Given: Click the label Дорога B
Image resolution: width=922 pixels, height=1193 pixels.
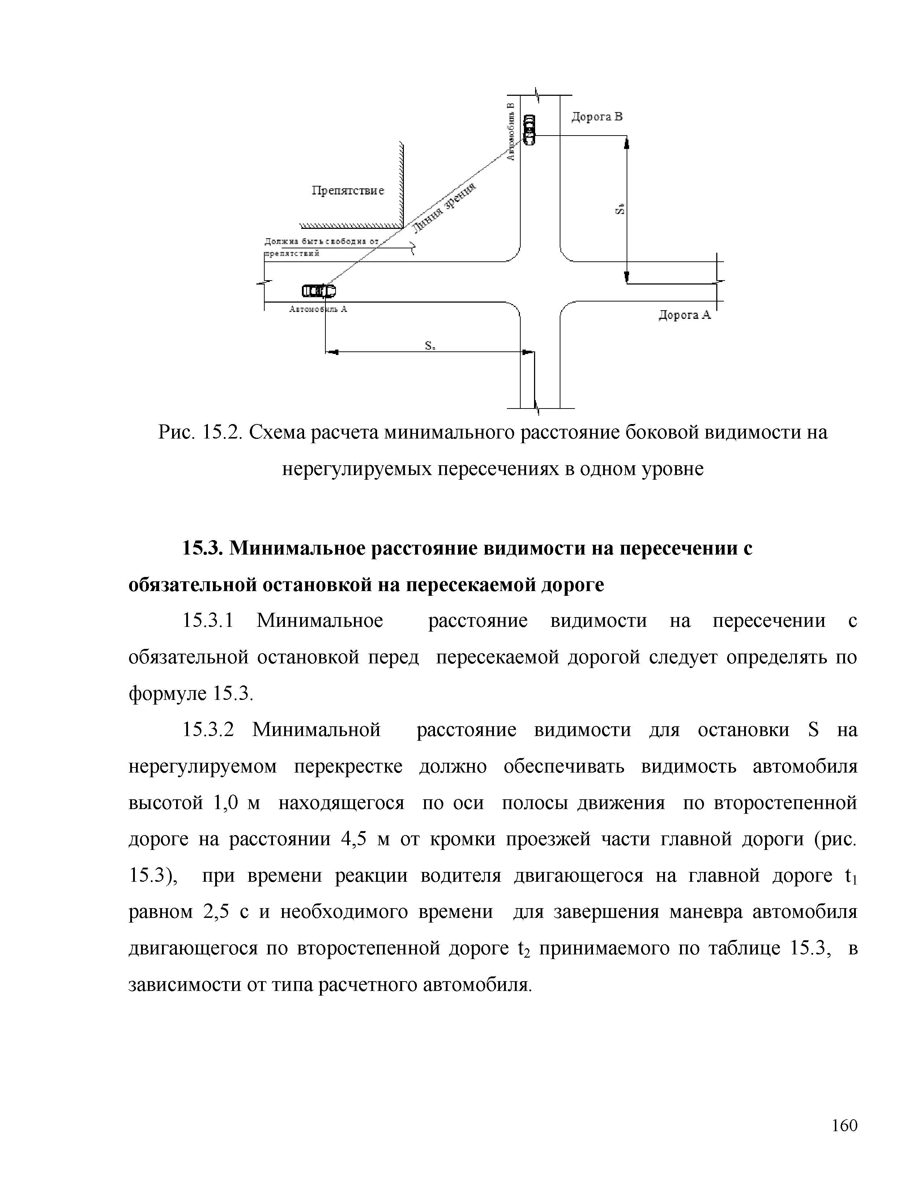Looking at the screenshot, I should point(597,117).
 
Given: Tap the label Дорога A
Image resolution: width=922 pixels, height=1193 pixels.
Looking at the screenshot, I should point(684,315).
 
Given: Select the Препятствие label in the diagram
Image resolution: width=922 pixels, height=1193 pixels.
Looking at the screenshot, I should point(347,191).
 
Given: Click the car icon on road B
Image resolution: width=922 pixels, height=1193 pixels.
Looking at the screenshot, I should point(529,129).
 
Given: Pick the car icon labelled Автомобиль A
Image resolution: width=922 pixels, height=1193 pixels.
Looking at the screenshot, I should point(319,291).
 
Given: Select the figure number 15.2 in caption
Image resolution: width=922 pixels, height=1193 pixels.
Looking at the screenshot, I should point(222,433).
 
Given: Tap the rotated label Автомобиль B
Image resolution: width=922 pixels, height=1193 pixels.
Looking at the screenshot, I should point(511,132).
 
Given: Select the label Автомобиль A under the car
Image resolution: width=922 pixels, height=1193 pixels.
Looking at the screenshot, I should point(318,309).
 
